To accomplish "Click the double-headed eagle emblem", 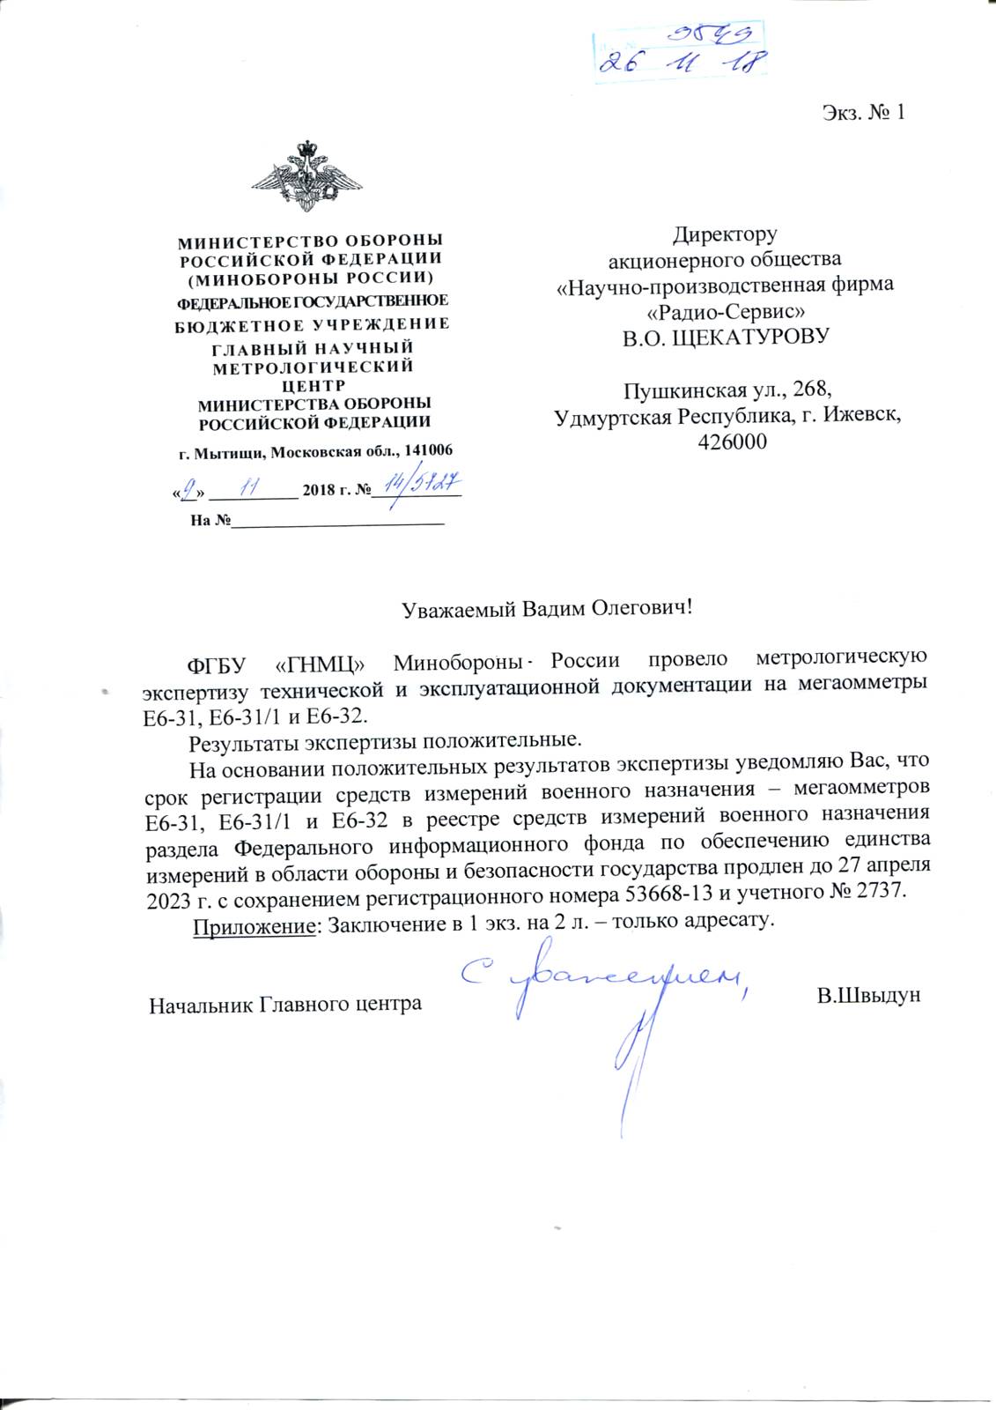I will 307,175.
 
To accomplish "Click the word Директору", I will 725,234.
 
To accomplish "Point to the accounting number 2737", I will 874,893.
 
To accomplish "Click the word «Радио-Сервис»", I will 725,311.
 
